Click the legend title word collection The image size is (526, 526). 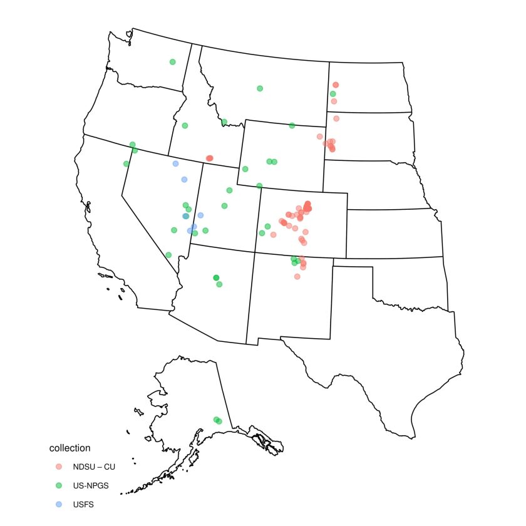coord(70,448)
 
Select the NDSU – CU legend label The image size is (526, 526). coord(94,467)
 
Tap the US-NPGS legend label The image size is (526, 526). coord(91,485)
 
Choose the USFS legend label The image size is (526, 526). coord(83,504)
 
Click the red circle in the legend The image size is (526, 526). coord(59,467)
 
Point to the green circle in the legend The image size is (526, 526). coord(59,485)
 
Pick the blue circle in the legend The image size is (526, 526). coord(59,504)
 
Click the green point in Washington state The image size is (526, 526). coord(172,61)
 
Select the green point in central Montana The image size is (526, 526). coord(260,88)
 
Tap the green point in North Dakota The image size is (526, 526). coord(333,94)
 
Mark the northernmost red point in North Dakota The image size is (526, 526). coord(336,85)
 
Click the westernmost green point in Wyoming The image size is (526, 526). coord(245,168)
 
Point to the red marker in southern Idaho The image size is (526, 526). coord(209,158)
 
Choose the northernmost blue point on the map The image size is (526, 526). coord(175,163)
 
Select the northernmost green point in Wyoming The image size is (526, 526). coord(292,125)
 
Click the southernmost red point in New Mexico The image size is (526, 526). coord(297,276)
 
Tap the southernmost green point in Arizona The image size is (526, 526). coord(219,284)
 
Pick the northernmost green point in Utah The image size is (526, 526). coord(229,190)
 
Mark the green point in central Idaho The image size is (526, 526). coord(185,125)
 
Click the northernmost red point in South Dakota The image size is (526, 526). coord(336,118)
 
